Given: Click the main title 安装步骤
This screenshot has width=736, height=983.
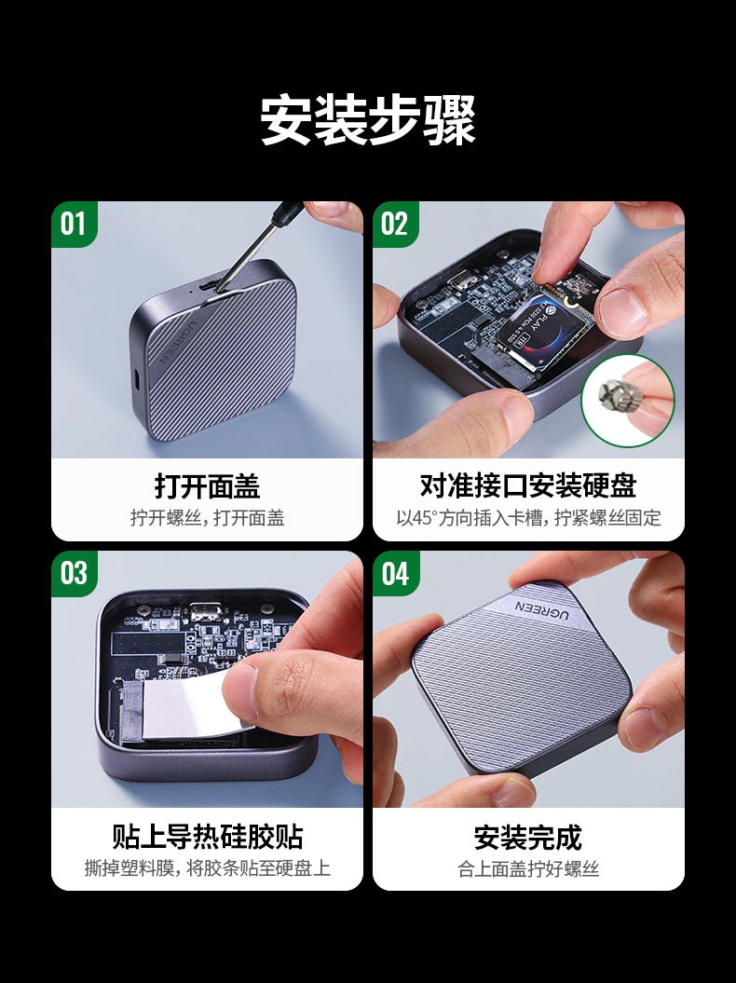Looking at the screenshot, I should point(367,119).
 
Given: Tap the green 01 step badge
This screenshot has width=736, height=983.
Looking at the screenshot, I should point(74,225).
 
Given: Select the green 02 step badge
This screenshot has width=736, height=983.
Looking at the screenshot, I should point(395,225).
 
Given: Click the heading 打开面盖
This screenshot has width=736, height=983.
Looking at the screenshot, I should point(207,486).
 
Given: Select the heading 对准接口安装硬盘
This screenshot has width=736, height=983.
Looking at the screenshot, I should point(528,486).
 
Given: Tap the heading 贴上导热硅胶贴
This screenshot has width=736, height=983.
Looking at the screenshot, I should point(207,836).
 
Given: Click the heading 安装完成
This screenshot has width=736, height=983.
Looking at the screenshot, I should point(528,837).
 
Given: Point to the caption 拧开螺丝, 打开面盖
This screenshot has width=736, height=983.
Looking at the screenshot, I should point(207,518).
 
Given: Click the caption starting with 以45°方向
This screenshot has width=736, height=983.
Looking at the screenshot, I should point(528,518).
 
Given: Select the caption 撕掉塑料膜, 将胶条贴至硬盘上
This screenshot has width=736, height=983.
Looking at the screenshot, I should point(207,868).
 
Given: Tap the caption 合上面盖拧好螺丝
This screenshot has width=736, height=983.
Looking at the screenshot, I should point(528,868).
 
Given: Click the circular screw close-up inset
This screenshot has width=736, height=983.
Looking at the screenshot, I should point(627,402).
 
